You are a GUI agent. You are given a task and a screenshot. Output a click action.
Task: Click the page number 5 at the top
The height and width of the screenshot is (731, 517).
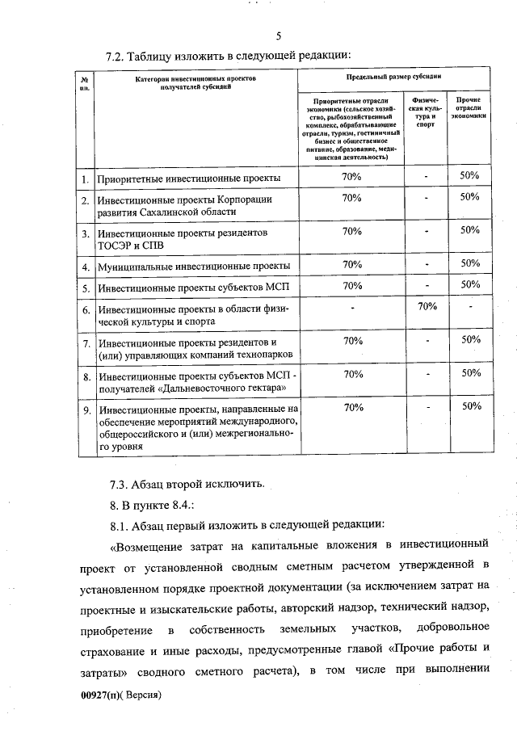coord(278,36)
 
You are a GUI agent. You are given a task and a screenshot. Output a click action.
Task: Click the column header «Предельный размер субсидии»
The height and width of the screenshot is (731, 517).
coord(393,76)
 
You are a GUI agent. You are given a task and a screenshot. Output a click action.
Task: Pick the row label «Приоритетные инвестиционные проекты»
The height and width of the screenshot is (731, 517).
coord(188,178)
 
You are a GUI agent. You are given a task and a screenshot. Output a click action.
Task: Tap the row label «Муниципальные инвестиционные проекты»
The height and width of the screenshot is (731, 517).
coord(193,265)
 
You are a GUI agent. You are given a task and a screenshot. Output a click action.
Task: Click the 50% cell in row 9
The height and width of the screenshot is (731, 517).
coord(470,407)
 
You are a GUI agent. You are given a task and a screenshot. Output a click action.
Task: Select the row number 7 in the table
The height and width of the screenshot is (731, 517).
coord(85,342)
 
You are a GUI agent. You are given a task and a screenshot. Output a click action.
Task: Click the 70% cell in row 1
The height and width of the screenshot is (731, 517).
coord(351,176)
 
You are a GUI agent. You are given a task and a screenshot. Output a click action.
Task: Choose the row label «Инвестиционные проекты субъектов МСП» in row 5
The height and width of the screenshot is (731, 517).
coord(187,286)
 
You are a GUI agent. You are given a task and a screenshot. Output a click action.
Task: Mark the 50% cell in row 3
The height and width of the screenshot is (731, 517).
coord(470,230)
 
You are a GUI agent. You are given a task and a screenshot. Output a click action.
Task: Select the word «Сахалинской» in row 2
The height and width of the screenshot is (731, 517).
coord(190,212)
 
